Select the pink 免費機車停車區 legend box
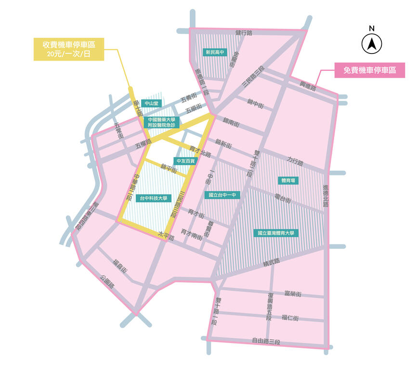point(370,70)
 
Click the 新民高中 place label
point(215,52)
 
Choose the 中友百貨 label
point(185,160)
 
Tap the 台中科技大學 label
point(153,198)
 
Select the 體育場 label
point(288,180)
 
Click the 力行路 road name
point(295,161)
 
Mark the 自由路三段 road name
point(266,342)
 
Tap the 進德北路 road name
point(326,196)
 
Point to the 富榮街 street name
point(293,294)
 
